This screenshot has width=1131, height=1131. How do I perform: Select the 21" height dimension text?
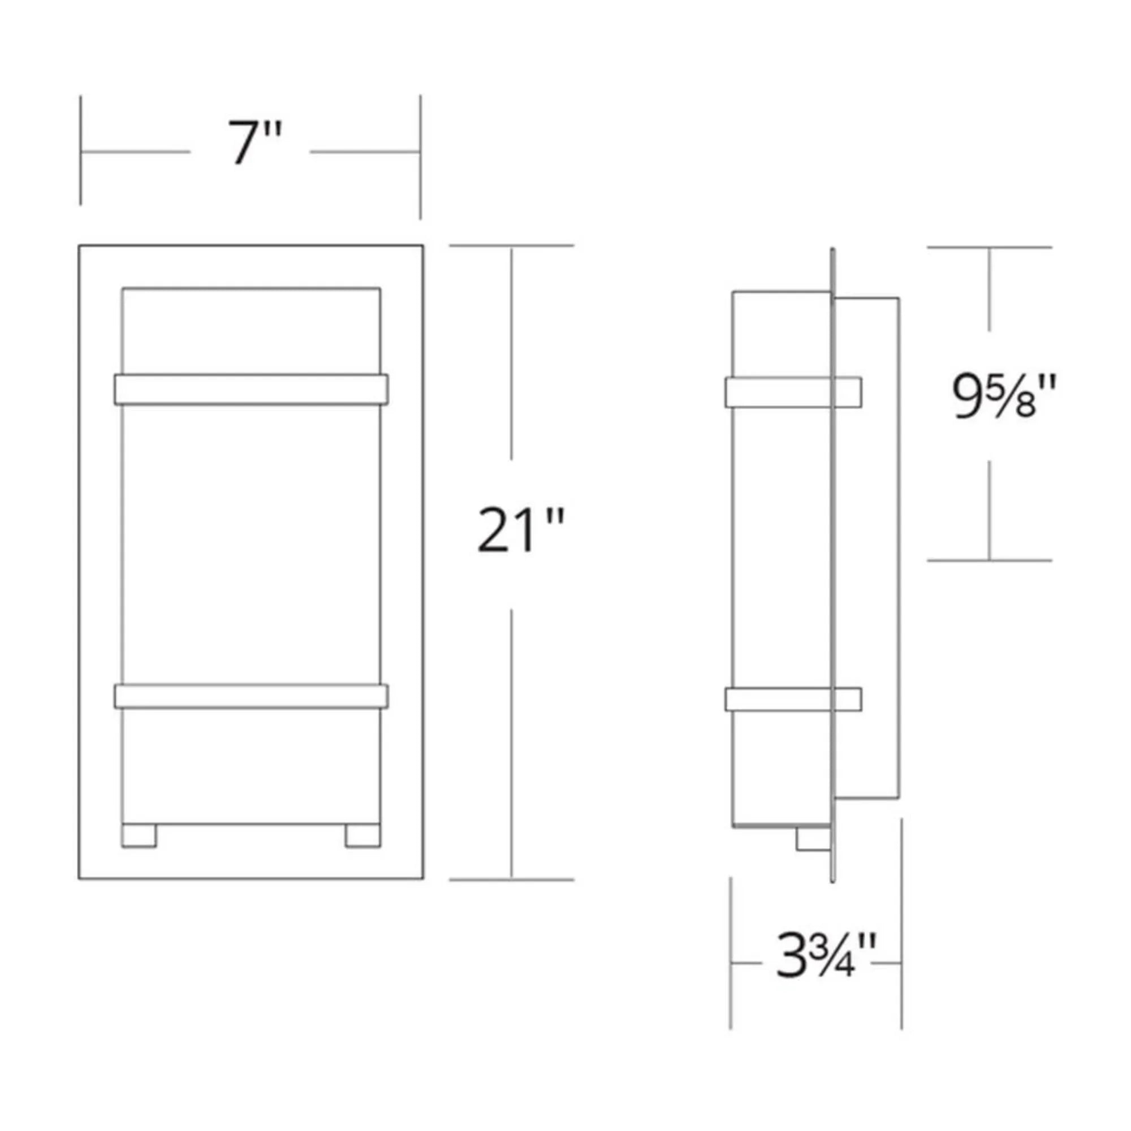[520, 530]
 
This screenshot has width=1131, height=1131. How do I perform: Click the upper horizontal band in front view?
[251, 389]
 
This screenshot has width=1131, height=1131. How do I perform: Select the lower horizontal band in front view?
[251, 696]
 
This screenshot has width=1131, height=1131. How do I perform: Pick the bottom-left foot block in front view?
[139, 836]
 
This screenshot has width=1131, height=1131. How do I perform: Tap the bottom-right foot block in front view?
[362, 836]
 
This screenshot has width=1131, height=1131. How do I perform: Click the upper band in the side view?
[793, 392]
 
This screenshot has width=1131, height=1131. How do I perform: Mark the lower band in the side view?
[793, 700]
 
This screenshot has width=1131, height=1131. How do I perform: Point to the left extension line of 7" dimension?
[80, 150]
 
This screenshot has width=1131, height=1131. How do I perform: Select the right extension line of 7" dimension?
[420, 157]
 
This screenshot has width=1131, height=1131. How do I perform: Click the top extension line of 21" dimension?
[511, 245]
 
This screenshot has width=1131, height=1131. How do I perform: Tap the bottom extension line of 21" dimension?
[511, 879]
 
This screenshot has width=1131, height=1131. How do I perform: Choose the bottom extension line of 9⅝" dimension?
[989, 560]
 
